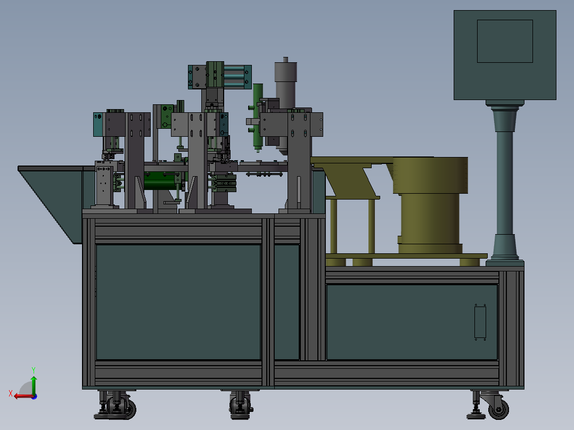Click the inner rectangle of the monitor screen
click(505, 42)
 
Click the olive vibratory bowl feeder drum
click(430, 205)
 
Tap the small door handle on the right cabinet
click(480, 322)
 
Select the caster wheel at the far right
click(498, 408)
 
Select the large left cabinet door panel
click(178, 302)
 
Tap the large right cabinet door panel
click(412, 322)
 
